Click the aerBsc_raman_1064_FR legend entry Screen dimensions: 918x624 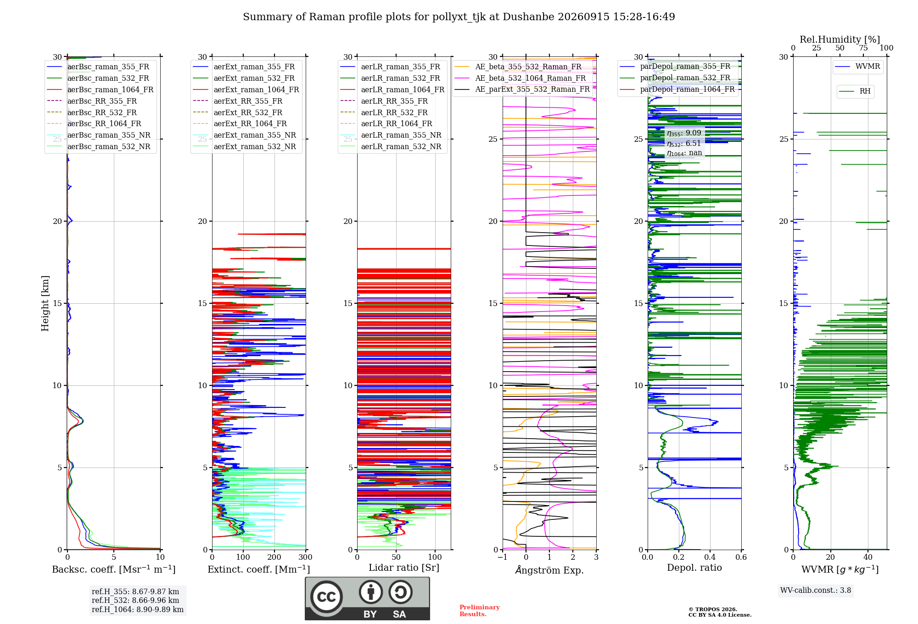point(100,89)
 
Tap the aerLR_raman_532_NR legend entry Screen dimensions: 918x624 point(391,147)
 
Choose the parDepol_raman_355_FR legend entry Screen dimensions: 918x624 point(675,67)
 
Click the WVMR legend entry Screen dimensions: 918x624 point(857,67)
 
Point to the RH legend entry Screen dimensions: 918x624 point(855,91)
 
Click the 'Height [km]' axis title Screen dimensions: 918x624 point(45,303)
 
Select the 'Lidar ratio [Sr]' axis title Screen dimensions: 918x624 point(404,568)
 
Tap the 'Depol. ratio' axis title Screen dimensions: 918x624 point(694,568)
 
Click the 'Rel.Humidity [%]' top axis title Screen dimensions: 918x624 point(840,39)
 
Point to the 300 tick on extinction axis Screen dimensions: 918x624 point(305,557)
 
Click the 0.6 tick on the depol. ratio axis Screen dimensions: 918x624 point(741,557)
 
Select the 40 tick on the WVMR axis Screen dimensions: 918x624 point(868,557)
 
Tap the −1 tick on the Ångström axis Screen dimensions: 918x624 point(503,557)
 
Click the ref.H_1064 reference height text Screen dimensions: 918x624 point(138,610)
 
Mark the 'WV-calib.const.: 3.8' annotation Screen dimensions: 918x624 point(816,591)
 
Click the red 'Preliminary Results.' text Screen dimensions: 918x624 point(480,611)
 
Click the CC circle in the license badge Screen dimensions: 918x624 point(326,597)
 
